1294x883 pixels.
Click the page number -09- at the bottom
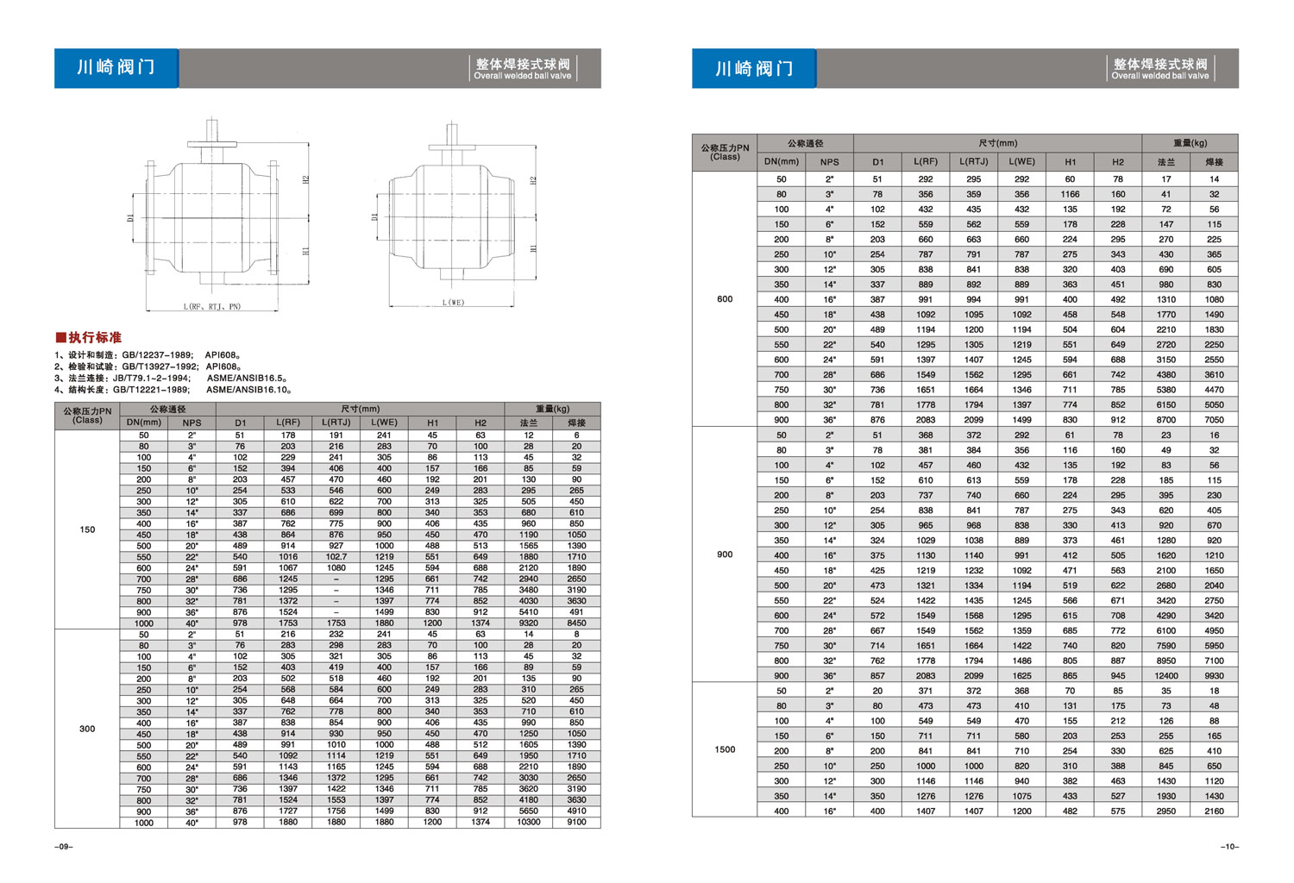tap(64, 847)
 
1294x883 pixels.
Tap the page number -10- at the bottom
tap(1229, 847)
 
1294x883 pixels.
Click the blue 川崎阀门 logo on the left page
tap(116, 68)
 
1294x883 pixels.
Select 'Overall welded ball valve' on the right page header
tap(1159, 76)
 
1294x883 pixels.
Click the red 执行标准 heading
tap(89, 337)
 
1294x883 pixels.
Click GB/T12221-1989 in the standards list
tap(151, 390)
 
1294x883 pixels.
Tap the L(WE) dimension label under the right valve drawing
tap(453, 303)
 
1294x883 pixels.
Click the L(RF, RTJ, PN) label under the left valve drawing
tap(212, 307)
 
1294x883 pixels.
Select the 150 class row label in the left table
tap(87, 529)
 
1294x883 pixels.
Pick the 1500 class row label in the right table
tap(725, 749)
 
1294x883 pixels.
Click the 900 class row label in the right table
tap(725, 554)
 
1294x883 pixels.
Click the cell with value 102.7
tap(336, 557)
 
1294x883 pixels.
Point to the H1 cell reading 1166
tap(1070, 194)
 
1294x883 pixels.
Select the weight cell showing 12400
tap(1165, 675)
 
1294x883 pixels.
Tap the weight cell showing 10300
tap(528, 823)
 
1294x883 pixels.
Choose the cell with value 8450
tap(576, 623)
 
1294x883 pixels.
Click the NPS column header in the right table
tap(829, 161)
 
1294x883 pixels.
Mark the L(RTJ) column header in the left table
tap(336, 423)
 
